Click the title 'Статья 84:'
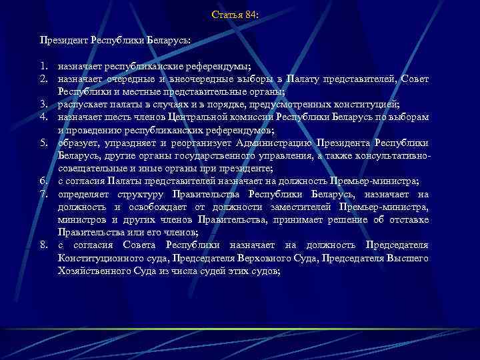click(x=235, y=14)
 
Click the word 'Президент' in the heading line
click(x=61, y=41)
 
